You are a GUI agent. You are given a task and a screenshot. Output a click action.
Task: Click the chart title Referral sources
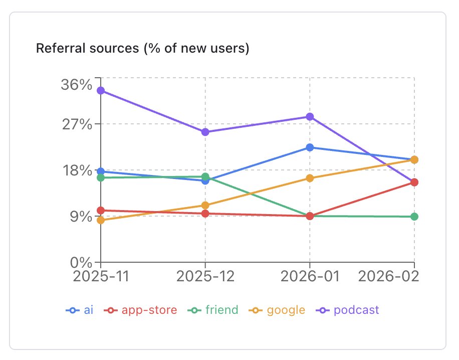coord(142,49)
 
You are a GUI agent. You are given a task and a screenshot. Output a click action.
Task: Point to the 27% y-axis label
coord(77,124)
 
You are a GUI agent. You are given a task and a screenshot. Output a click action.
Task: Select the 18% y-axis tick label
coord(77,170)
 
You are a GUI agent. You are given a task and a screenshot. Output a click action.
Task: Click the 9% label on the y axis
coord(80,217)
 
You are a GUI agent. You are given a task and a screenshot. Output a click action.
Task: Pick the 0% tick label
coord(80,263)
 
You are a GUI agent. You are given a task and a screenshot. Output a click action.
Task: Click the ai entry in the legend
coord(80,310)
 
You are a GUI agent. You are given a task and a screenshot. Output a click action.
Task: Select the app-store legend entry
coord(141,310)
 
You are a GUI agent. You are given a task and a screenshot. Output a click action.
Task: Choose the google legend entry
coord(277,310)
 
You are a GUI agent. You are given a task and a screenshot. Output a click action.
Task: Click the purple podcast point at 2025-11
coord(101,90)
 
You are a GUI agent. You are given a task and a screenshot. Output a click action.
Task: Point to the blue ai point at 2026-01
coord(310,147)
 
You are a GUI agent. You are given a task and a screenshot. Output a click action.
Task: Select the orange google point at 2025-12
coord(205,205)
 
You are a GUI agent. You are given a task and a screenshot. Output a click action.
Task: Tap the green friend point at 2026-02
coord(414,217)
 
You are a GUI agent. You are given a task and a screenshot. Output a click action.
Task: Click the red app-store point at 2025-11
coord(101,211)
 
